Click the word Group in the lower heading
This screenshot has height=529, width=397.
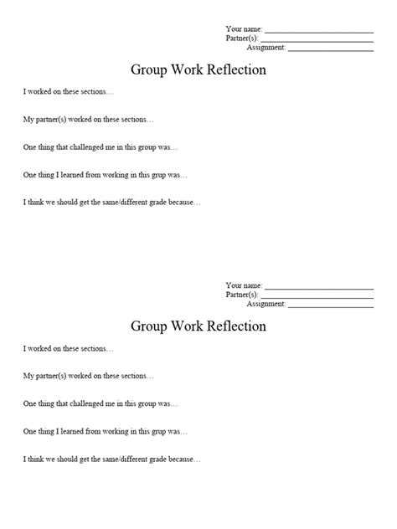pyautogui.click(x=149, y=326)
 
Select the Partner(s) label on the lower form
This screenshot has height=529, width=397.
pyautogui.click(x=242, y=295)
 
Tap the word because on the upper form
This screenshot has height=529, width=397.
pyautogui.click(x=186, y=203)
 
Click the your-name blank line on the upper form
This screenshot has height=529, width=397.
pyautogui.click(x=318, y=31)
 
